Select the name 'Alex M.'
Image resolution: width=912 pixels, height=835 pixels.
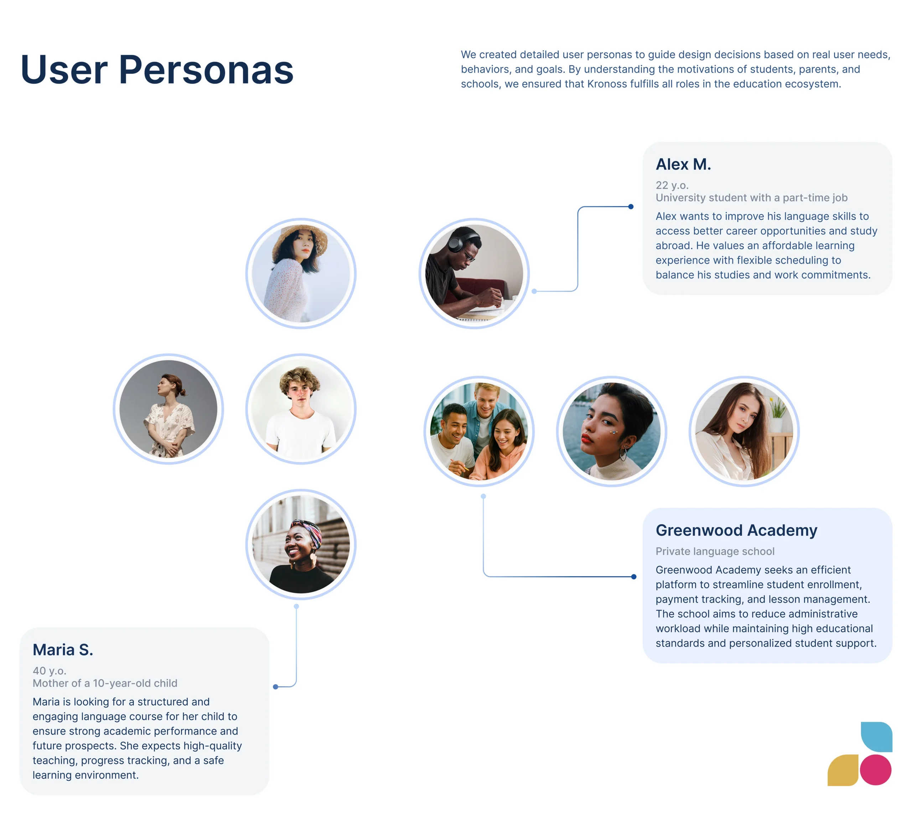click(683, 164)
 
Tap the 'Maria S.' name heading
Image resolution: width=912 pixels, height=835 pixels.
click(63, 649)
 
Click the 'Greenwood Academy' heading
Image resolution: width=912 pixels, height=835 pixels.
click(736, 530)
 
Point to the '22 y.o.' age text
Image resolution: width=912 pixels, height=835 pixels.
click(672, 186)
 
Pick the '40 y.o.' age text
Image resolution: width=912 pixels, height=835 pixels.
click(49, 671)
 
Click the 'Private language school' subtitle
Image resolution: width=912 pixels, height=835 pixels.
click(715, 551)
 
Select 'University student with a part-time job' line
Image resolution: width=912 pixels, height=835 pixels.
click(751, 198)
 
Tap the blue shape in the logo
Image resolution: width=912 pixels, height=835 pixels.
click(877, 736)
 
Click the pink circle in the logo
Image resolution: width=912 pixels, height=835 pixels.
click(875, 770)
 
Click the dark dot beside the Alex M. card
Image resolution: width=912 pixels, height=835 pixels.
click(631, 207)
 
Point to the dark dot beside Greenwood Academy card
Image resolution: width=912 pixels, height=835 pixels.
click(634, 577)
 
